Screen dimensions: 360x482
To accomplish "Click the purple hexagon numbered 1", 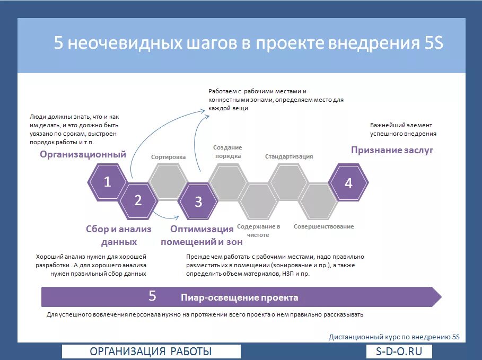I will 107,182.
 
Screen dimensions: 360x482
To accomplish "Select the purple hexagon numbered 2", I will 138,200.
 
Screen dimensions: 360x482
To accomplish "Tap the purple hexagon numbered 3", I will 198,201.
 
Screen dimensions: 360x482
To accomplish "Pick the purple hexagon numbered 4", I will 348,183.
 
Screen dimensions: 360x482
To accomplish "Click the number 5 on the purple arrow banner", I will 152,296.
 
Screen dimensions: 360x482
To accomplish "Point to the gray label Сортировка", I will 168,157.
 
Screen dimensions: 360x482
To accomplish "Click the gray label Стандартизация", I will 289,156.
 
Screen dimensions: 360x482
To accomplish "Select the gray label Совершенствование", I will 323,226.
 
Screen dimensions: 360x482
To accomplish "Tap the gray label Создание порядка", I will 227,152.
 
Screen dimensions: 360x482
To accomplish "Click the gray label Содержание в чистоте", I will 259,231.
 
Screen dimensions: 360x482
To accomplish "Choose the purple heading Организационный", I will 83,154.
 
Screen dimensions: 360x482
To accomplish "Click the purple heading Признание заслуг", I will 392,150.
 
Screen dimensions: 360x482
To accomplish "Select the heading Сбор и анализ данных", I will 119,235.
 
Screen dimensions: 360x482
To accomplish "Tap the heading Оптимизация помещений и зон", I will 201,235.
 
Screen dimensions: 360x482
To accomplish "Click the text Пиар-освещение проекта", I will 239,297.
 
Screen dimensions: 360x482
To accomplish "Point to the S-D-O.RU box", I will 399,352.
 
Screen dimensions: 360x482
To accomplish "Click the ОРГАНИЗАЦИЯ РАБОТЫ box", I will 151,352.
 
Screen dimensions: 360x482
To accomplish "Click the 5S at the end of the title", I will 433,43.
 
